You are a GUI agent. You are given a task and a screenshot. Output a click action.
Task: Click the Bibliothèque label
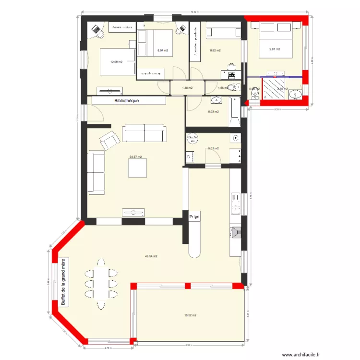[127, 101]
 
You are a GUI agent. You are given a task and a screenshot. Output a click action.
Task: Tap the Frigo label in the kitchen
[194, 217]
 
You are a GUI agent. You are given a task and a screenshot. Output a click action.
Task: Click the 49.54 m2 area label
[152, 256]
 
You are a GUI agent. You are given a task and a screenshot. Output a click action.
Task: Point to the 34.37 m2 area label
[136, 156]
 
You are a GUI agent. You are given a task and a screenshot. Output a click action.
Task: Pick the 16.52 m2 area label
[191, 315]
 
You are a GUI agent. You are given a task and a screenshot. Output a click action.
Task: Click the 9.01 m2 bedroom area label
[275, 49]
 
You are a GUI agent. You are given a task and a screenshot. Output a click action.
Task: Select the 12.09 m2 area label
[116, 61]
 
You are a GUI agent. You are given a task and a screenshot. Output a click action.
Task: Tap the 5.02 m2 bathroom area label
[213, 112]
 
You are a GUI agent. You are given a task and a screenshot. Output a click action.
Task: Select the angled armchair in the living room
[110, 140]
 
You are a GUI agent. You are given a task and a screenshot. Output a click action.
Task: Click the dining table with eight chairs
[101, 281]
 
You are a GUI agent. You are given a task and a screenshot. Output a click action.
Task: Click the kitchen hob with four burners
[236, 203]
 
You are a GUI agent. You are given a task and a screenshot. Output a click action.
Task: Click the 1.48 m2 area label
[187, 88]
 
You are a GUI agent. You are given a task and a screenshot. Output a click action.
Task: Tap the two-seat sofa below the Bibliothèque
[144, 133]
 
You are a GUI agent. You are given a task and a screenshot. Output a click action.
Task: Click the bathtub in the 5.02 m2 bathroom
[235, 112]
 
